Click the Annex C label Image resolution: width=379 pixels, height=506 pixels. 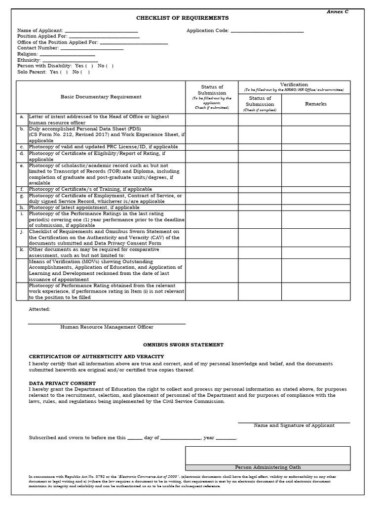pyautogui.click(x=337, y=11)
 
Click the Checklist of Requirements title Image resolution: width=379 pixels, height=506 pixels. pyautogui.click(x=183, y=18)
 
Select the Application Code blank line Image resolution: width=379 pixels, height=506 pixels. pyautogui.click(x=267, y=31)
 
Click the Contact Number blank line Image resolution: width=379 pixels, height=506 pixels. pyautogui.click(x=91, y=48)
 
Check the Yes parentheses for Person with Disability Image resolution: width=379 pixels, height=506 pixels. pyautogui.click(x=89, y=66)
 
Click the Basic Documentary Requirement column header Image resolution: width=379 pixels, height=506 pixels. pyautogui.click(x=101, y=97)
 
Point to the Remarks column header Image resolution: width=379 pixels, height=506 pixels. pyautogui.click(x=316, y=104)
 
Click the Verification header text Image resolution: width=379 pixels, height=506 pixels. pyautogui.click(x=294, y=84)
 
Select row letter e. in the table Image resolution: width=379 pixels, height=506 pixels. pyautogui.click(x=22, y=166)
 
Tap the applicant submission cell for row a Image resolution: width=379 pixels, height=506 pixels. pyautogui.click(x=212, y=120)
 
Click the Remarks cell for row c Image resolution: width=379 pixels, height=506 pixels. pyautogui.click(x=316, y=147)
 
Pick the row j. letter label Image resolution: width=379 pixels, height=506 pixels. pyautogui.click(x=22, y=231)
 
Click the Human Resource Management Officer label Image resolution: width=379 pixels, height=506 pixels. pyautogui.click(x=107, y=327)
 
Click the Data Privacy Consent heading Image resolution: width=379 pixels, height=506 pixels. pyautogui.click(x=62, y=383)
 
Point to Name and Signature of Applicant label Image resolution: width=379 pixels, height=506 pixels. pyautogui.click(x=294, y=425)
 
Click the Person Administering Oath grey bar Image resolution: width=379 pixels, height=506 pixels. pyautogui.click(x=268, y=467)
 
